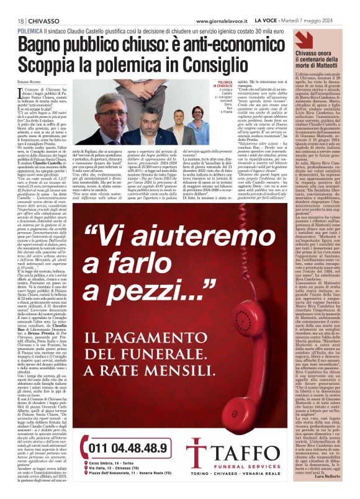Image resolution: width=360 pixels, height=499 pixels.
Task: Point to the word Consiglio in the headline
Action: coord(212,64)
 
